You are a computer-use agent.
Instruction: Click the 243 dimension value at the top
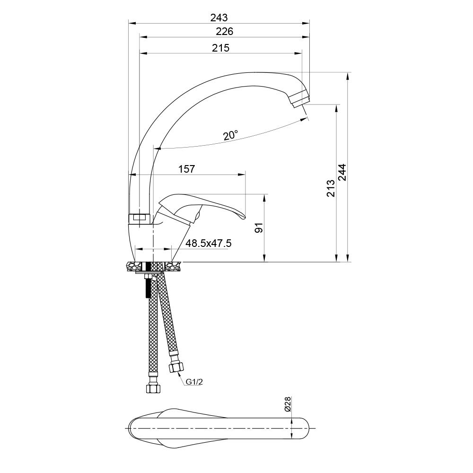coord(219,18)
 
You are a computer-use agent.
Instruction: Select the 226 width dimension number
coord(224,31)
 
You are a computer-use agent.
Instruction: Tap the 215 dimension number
coord(220,48)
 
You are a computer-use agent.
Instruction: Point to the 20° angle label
coord(231,135)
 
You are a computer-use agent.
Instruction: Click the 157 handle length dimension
coord(186,169)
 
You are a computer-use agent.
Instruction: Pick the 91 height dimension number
coord(259,228)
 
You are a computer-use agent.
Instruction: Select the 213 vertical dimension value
coord(331,188)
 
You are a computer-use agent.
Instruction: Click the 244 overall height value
coord(342,172)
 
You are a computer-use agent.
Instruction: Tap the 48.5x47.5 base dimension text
coord(209,243)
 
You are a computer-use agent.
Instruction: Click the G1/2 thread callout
coord(194,382)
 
